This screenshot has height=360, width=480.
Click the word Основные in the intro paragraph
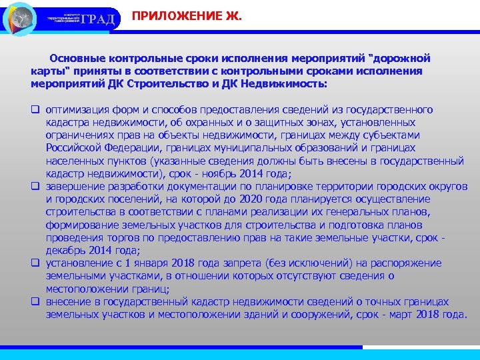click(x=77, y=59)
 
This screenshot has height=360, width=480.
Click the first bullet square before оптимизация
click(x=35, y=110)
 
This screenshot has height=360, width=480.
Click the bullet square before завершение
click(x=35, y=187)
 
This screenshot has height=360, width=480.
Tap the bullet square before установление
click(x=35, y=263)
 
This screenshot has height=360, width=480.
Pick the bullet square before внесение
click(x=35, y=302)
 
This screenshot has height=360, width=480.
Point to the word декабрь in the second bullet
click(x=65, y=251)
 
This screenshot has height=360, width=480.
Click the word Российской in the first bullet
click(x=73, y=148)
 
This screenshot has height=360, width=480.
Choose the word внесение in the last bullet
click(x=69, y=302)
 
